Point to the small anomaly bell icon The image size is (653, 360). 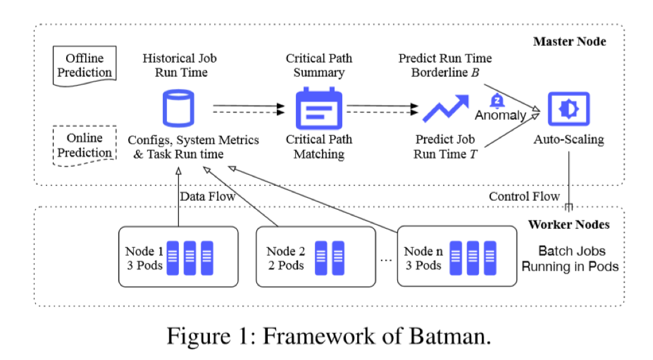(494, 100)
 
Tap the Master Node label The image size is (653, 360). (569, 42)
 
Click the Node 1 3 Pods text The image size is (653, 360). (144, 257)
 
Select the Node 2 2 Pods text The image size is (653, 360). (285, 257)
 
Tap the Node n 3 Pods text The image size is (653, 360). (423, 257)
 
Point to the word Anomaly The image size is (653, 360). (500, 116)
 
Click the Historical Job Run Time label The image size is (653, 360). (180, 66)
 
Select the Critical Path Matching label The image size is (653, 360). (318, 147)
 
